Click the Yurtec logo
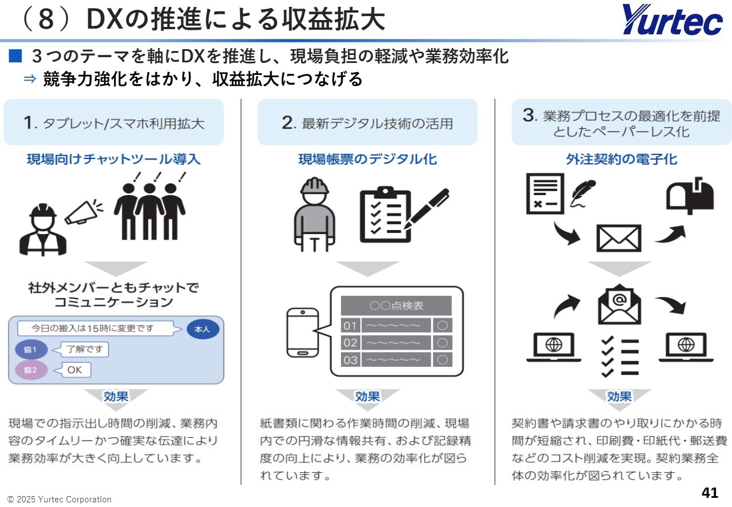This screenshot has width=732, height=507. (x=672, y=19)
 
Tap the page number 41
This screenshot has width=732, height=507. (x=710, y=492)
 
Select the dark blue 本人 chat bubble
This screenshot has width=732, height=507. (x=202, y=329)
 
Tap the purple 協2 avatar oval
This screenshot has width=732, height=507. (x=31, y=370)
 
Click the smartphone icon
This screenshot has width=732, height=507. (x=303, y=332)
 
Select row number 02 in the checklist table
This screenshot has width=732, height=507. (x=350, y=342)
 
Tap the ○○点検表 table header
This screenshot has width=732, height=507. (x=396, y=306)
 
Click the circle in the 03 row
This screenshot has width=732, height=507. (x=443, y=360)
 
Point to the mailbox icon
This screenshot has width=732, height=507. (x=690, y=196)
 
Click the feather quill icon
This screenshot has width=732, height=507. (x=583, y=193)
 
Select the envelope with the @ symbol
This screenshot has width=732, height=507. (x=619, y=304)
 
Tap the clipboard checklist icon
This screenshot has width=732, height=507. (x=385, y=215)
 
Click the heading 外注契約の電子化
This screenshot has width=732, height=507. (x=621, y=159)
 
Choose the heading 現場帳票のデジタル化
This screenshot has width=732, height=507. (x=367, y=159)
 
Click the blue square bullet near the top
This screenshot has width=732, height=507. (x=15, y=56)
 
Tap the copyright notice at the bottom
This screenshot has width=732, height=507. (x=59, y=500)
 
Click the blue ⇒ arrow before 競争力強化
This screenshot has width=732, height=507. (x=30, y=79)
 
